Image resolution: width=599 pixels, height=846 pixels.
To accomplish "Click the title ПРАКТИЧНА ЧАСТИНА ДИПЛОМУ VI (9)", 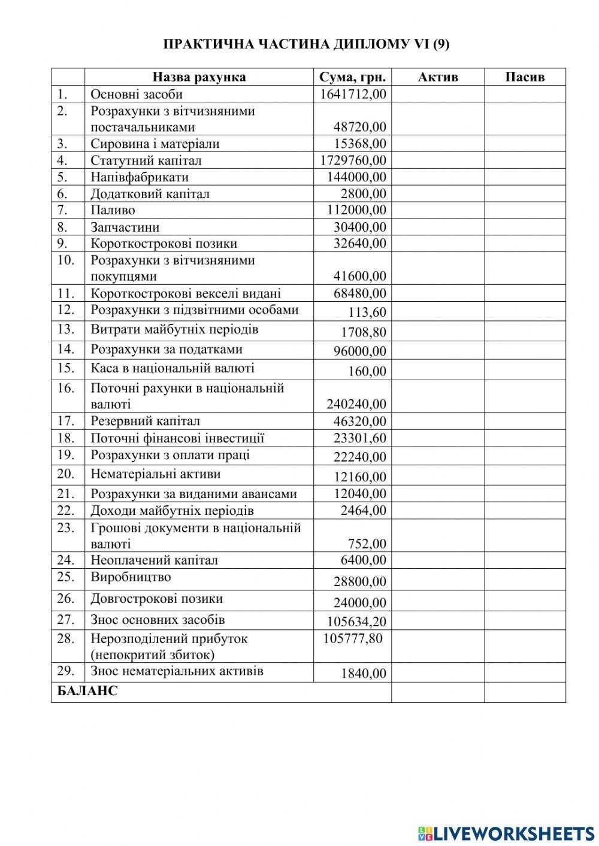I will [x=306, y=45].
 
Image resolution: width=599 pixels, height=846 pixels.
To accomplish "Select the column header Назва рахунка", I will [x=199, y=77].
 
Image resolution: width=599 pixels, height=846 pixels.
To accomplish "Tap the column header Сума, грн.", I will [x=352, y=77].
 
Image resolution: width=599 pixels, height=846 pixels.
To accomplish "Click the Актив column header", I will [x=437, y=77].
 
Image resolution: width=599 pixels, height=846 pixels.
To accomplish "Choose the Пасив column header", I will [x=525, y=77].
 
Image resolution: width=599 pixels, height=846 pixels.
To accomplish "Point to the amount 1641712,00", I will [x=353, y=94].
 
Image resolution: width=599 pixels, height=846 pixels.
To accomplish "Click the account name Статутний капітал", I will [x=146, y=160].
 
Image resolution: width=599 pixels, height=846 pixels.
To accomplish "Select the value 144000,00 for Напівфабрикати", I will [x=356, y=177].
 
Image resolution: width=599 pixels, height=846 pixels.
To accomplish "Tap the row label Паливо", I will [x=113, y=210].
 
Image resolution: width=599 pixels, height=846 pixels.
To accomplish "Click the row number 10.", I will [x=66, y=260].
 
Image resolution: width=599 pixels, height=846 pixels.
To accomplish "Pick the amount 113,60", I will [x=367, y=313].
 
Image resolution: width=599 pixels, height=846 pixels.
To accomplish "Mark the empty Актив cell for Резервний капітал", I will [x=437, y=422].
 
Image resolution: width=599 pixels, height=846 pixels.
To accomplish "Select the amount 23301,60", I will [x=359, y=438].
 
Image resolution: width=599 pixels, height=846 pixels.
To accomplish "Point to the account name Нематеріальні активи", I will [x=156, y=474].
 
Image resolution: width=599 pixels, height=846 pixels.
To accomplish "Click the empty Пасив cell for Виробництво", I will [x=525, y=580].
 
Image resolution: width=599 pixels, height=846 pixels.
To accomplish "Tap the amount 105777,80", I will [x=353, y=639].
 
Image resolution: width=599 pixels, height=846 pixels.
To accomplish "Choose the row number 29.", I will [x=66, y=671].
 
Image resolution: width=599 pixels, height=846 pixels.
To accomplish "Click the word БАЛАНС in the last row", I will [x=87, y=692].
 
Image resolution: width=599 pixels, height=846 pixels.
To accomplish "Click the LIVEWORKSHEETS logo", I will [x=506, y=833].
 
